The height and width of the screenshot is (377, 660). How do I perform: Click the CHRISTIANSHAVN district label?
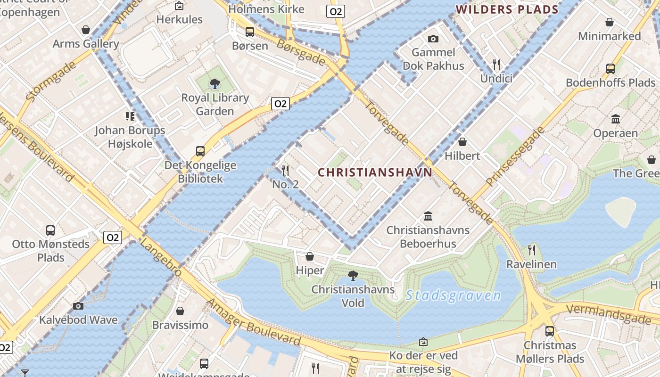point(375,172)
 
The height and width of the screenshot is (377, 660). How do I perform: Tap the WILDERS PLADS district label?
point(507,9)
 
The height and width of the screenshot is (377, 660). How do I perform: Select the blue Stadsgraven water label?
point(453,296)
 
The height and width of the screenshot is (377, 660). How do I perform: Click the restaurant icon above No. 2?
point(285,170)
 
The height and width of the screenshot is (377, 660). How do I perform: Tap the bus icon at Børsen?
point(250,32)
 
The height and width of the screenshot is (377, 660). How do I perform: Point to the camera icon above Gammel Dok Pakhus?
point(433,39)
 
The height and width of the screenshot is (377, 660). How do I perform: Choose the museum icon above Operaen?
point(615,119)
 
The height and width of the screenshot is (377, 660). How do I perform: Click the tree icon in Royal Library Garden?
point(215,84)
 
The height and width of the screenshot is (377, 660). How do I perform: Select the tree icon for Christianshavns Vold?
point(353,276)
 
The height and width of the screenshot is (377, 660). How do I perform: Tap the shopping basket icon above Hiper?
point(310,256)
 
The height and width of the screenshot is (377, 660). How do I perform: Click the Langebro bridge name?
point(161,257)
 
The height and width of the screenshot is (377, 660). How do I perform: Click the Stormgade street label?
point(51,82)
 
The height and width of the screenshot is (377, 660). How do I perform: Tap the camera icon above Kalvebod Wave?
point(78,306)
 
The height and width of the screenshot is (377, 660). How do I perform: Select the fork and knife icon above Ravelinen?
point(532,250)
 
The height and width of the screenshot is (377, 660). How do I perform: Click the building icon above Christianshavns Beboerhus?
point(428,216)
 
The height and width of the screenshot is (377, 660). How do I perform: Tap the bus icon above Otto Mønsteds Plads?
point(50,230)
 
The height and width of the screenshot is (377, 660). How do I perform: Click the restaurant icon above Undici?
point(496,64)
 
